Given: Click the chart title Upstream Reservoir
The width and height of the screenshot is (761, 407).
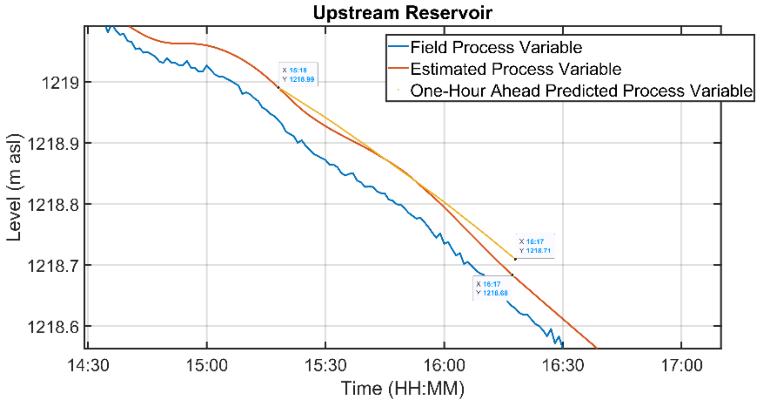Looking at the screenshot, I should [x=402, y=13].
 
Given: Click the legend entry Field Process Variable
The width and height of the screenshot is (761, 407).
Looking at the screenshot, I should [x=496, y=47].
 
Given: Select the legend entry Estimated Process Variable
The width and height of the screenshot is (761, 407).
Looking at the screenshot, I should [x=515, y=69].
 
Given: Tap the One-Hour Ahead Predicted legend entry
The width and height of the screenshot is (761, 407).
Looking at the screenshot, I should [x=581, y=91].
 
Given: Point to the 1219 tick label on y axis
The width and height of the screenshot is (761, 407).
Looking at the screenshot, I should [x=60, y=83].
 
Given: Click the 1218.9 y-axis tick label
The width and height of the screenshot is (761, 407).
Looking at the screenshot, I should [x=53, y=144].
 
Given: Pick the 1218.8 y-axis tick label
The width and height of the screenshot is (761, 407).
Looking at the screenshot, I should [x=53, y=205].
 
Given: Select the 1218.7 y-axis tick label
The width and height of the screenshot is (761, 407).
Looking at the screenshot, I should [x=53, y=265].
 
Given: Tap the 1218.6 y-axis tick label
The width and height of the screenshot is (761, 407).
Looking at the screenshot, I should [x=53, y=327].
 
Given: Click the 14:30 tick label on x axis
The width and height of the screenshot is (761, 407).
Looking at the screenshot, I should [x=88, y=365].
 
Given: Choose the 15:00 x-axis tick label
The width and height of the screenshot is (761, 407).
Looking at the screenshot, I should [x=207, y=365].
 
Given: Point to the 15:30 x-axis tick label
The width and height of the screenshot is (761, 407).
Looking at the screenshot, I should [x=325, y=365].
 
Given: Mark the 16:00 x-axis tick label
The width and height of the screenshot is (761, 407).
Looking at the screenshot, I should [x=444, y=365].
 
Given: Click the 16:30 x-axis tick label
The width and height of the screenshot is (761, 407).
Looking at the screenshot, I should [x=563, y=365].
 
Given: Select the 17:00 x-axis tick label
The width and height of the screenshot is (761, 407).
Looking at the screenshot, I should [x=681, y=365].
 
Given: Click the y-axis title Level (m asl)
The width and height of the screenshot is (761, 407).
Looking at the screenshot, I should [x=14, y=187].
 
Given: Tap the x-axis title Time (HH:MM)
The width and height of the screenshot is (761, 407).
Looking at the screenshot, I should [x=402, y=388].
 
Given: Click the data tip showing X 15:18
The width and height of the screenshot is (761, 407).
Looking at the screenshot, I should [x=298, y=75].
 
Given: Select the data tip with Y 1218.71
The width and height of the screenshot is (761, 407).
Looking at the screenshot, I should [x=535, y=246].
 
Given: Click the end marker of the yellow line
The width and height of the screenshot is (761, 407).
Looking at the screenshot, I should [x=515, y=259].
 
